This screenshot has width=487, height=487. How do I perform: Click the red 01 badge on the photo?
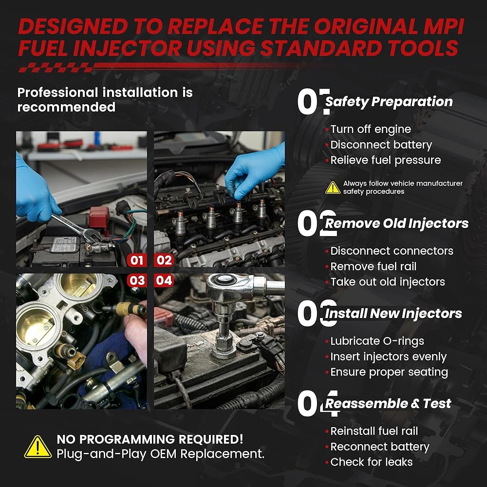point(137,260)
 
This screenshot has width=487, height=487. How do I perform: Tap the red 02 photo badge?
point(164,260)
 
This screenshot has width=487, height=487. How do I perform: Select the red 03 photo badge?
point(137,281)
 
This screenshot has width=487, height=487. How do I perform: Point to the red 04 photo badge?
point(164,281)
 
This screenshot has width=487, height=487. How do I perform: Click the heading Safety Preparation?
point(389,102)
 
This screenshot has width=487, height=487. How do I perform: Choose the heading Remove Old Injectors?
point(396,224)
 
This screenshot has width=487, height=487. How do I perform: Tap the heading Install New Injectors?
point(393,313)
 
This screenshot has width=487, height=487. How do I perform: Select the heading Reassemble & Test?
point(388,403)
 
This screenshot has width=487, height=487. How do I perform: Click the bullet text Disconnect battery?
point(381,145)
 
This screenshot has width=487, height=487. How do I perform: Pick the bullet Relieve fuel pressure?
point(386,160)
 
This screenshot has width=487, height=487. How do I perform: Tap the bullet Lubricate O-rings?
point(377,341)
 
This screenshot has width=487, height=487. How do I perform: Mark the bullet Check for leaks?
point(372,462)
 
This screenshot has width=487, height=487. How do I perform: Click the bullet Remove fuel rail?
point(374,266)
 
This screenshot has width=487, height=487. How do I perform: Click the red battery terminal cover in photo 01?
point(99,217)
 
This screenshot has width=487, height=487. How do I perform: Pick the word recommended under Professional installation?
point(66,107)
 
